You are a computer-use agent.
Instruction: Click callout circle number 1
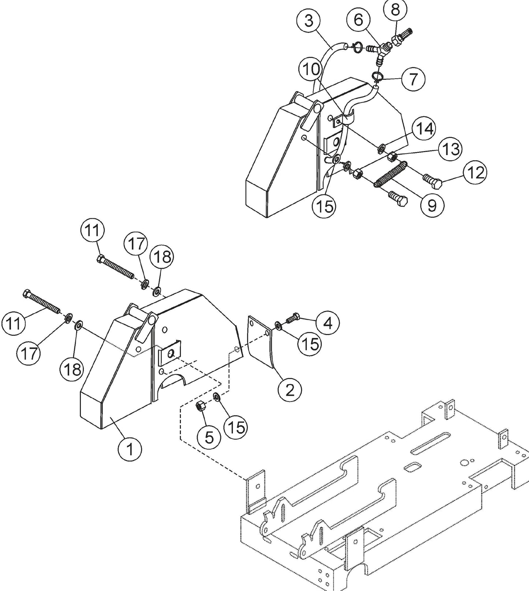130,448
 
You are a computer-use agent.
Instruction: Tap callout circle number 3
309,21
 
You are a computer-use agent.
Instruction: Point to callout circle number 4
328,323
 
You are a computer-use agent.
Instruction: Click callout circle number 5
209,436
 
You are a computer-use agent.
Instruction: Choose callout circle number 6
358,20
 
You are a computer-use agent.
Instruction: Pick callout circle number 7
413,79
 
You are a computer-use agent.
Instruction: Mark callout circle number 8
395,10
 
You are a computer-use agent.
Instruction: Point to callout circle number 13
450,149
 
